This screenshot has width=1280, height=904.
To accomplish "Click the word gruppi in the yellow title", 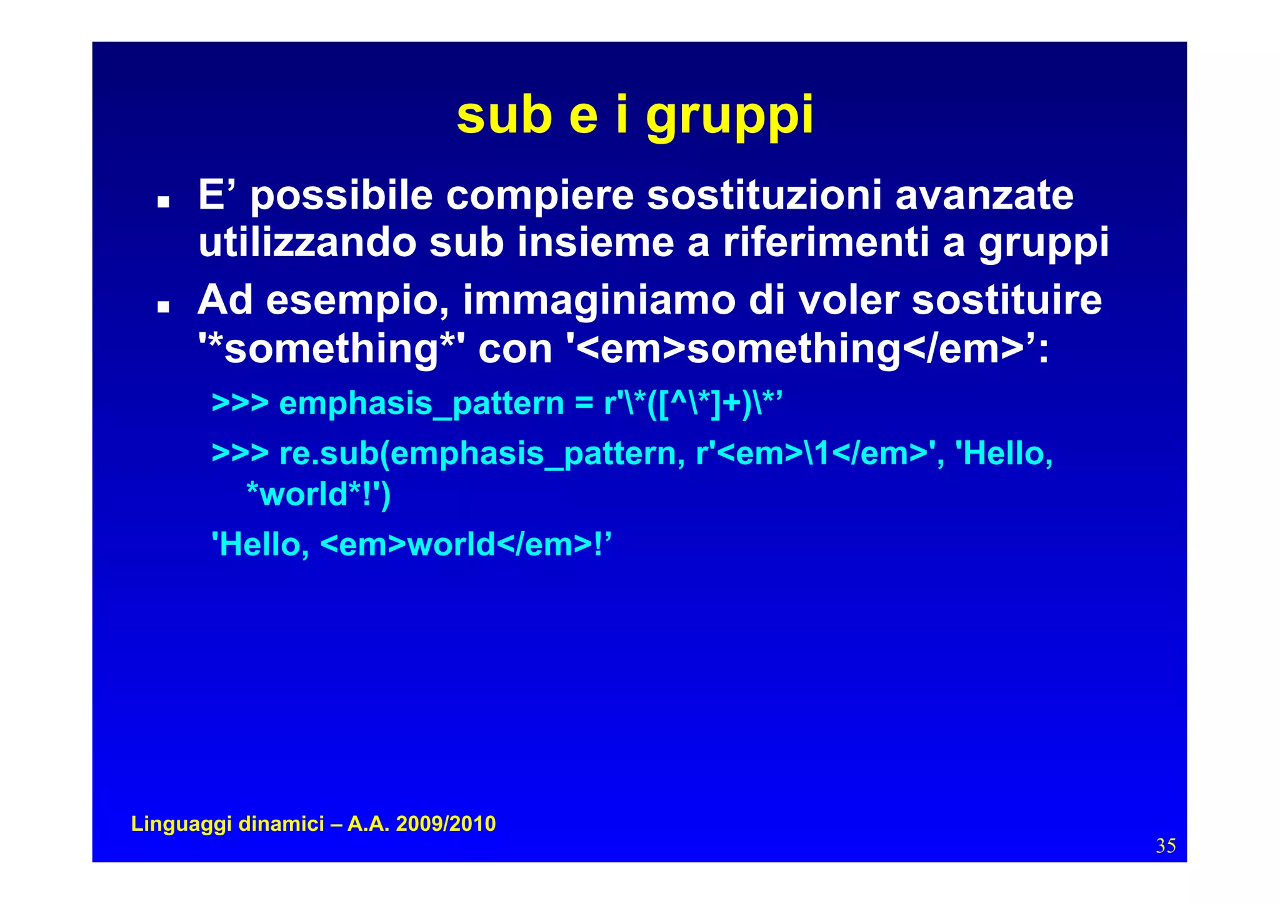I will pos(729,117).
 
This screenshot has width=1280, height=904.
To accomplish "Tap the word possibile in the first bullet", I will pos(341,196).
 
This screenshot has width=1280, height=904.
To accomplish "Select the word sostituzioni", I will pos(764,196).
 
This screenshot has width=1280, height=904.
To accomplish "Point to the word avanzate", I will pos(984,196).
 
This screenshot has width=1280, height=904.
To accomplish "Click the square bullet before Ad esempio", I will pos(164,307).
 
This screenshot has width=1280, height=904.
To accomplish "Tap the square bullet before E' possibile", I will pos(164,202).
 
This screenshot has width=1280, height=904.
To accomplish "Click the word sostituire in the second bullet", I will pos(1007,300).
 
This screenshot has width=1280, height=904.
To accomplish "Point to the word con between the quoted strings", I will pos(515,349).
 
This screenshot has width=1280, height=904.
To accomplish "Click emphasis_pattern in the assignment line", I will pos(421,404).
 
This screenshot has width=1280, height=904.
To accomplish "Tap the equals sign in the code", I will pos(584,404).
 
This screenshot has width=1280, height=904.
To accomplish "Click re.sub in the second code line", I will pos(329,453).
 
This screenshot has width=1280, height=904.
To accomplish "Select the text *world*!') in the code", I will pos(319,495).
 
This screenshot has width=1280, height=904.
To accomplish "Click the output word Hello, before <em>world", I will pos(261,545).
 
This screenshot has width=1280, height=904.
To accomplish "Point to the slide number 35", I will pos(1166,846).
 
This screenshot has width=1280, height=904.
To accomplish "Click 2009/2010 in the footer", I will pos(446,824).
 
